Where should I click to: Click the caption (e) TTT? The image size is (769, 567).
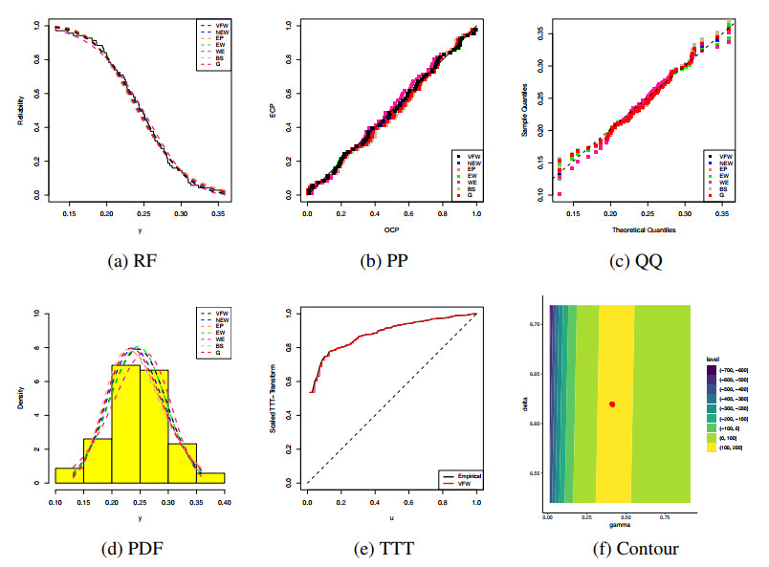pyautogui.click(x=392, y=549)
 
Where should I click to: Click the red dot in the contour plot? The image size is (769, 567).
pyautogui.click(x=612, y=404)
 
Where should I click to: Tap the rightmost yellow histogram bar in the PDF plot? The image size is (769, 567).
pyautogui.click(x=211, y=477)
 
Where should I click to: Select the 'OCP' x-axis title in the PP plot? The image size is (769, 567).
pyautogui.click(x=392, y=229)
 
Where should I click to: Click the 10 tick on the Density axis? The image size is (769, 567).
pyautogui.click(x=36, y=313)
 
